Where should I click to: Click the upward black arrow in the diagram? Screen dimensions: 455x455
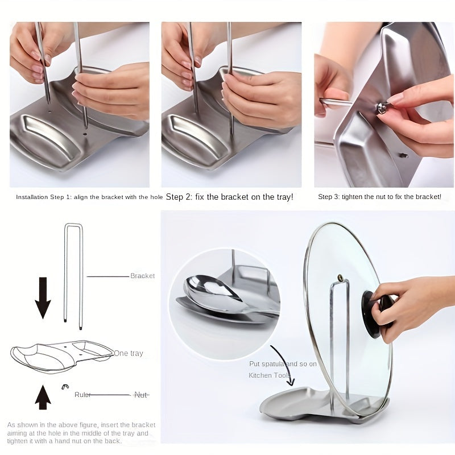(43, 397)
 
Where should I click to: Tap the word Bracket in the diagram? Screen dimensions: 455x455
(142, 276)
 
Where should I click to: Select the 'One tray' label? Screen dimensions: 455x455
(129, 353)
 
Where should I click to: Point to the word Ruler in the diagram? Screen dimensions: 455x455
(82, 395)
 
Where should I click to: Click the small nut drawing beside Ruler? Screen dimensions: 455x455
(65, 387)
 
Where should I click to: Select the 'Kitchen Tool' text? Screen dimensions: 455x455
(268, 375)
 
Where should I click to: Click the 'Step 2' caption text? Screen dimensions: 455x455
(229, 197)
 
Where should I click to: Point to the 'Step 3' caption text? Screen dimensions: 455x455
(379, 197)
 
